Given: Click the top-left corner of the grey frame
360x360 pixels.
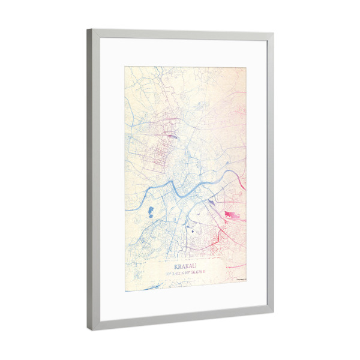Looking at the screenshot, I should (89, 31).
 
